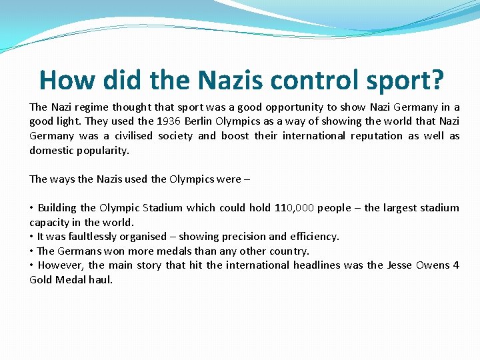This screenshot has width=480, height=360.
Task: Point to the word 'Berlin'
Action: pyautogui.click(x=199, y=121)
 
